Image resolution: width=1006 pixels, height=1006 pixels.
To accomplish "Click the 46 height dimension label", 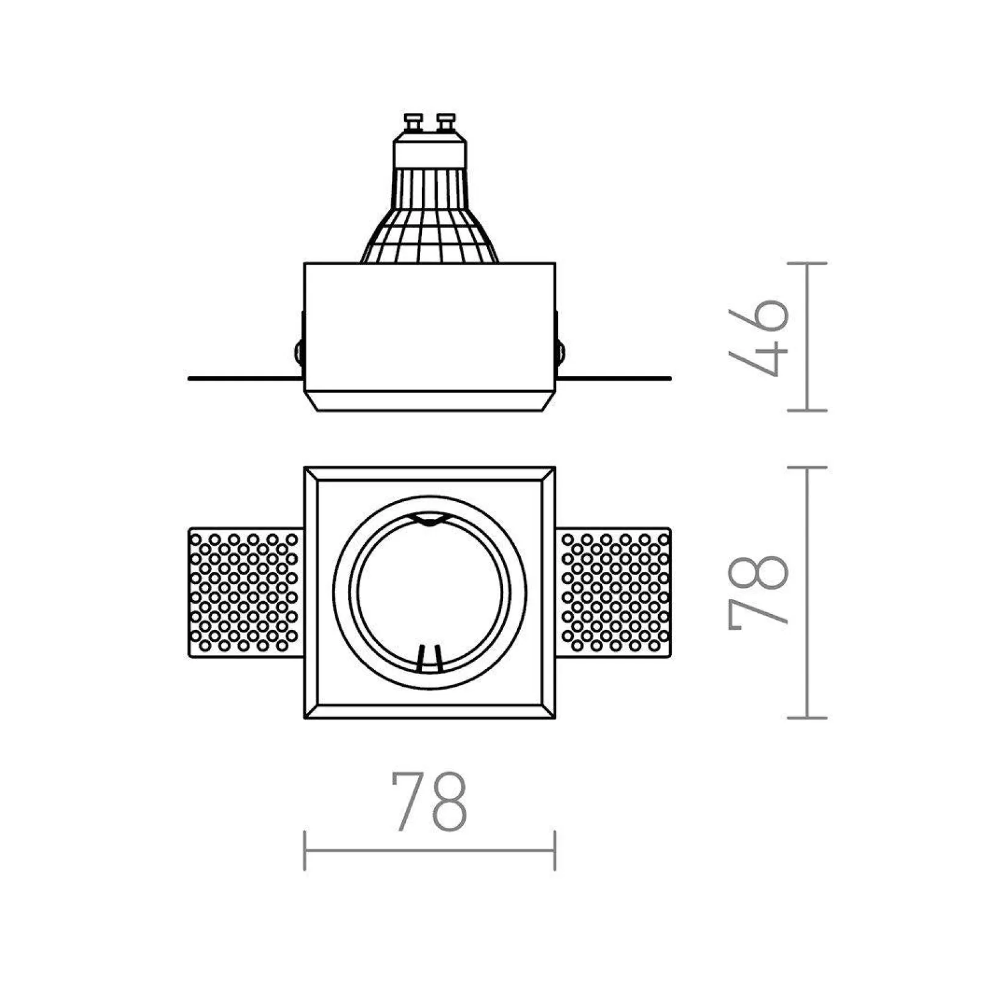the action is tap(758, 338).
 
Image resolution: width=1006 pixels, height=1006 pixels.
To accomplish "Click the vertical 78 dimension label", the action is tap(758, 592).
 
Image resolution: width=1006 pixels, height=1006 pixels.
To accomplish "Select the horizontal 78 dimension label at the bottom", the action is tap(429, 802).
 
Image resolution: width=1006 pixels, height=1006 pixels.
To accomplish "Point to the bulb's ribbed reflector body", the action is tap(430, 215).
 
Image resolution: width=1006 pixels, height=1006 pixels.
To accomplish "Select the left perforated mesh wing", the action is tap(246, 592).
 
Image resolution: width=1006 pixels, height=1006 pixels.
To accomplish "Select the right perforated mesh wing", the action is tap(613, 592).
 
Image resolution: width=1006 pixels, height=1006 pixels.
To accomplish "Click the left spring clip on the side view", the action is tap(299, 352).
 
